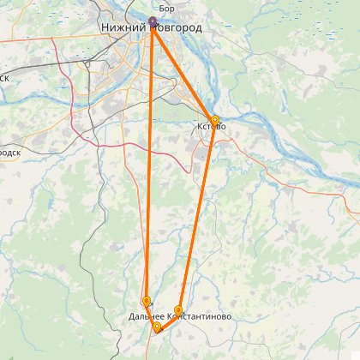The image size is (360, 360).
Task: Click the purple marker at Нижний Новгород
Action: (153, 21)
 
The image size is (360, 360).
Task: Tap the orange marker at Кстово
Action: (214, 120)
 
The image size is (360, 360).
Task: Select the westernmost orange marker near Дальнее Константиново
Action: (147, 301)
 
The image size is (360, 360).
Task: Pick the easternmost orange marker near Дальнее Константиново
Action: (178, 310)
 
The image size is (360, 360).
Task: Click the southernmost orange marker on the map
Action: (157, 327)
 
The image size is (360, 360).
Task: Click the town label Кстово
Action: (212, 128)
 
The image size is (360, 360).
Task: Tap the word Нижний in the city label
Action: (123, 28)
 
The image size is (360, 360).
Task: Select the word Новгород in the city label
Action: (178, 28)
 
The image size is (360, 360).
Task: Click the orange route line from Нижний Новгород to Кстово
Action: (184, 72)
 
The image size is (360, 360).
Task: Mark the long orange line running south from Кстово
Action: (197, 214)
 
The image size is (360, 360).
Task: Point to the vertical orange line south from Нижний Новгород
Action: (149, 163)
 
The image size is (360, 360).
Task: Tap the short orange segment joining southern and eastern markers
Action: (168, 319)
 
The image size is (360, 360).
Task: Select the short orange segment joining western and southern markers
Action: (152, 314)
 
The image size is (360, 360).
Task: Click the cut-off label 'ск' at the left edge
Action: (4, 76)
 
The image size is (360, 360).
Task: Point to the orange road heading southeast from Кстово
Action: (257, 163)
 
